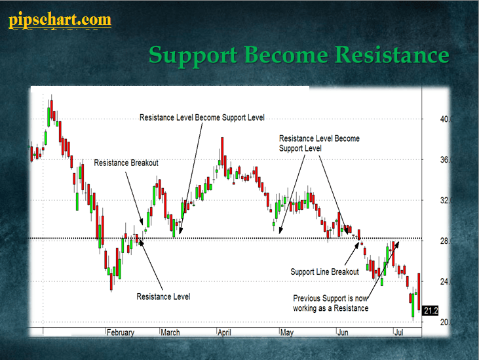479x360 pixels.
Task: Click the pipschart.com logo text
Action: pos(60,20)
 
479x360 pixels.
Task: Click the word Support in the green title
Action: pos(193,55)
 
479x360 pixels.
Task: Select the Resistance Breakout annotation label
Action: pos(126,163)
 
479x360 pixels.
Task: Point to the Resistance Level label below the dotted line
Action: pos(163,296)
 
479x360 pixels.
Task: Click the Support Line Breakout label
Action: pos(324,271)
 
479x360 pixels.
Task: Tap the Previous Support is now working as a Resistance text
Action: pos(330,303)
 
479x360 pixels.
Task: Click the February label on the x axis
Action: pos(121,332)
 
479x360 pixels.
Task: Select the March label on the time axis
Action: pos(170,332)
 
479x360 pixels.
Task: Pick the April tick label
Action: pos(224,332)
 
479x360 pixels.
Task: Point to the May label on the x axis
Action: pos(287,332)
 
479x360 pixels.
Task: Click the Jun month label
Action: pos(343,332)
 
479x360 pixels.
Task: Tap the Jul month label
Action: pos(398,332)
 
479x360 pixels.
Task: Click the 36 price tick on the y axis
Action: pos(446,159)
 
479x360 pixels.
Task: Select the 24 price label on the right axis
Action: pos(446,281)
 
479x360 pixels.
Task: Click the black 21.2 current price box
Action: pos(431,311)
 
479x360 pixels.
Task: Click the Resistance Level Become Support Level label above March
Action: pos(202,117)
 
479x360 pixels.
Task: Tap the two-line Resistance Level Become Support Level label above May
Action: pos(319,144)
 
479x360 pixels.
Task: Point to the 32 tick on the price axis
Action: pos(446,201)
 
